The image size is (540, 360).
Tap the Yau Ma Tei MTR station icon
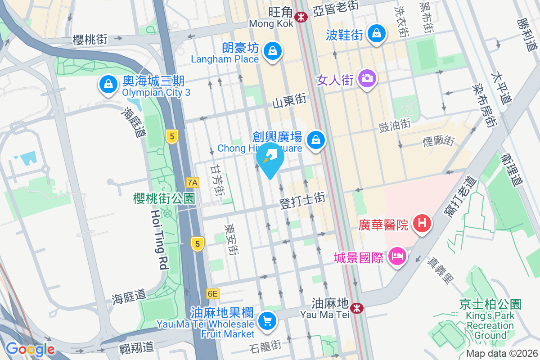coord(357,308)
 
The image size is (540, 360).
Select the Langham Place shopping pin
coord(272,51)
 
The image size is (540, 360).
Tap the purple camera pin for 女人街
coord(367,78)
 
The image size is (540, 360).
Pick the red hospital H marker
coord(422,223)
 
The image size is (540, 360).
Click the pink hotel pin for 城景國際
coord(398,257)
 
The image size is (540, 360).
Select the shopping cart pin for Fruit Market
coord(267,321)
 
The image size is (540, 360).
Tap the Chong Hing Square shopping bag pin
coord(316,140)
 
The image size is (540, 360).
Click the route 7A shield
coord(193,182)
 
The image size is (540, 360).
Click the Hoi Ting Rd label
coord(158,239)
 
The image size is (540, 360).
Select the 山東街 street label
coord(289,101)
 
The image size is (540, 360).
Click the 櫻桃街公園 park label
coord(164,198)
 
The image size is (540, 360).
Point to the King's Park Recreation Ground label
coord(490,320)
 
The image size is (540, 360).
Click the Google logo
coord(30,349)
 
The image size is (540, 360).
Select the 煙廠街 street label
coord(438,141)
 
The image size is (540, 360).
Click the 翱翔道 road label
coord(137,347)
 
